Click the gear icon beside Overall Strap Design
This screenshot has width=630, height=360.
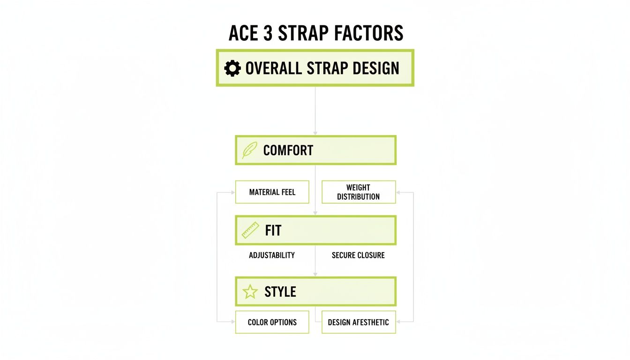(x=232, y=68)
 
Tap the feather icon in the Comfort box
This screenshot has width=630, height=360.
(x=249, y=150)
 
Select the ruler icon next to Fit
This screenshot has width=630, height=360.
(x=250, y=231)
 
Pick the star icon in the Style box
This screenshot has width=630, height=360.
(x=250, y=292)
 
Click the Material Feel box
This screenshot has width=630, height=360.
(x=272, y=192)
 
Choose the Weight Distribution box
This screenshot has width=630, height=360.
(x=359, y=192)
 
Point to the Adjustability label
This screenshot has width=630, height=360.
(x=272, y=255)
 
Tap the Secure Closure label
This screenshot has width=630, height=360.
(x=358, y=255)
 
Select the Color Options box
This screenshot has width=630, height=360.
(x=272, y=322)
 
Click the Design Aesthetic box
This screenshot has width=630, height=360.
(x=359, y=322)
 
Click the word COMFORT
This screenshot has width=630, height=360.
(x=288, y=150)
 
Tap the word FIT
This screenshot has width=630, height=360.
(x=273, y=231)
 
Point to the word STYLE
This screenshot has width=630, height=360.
(x=280, y=292)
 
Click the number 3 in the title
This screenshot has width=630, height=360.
(x=268, y=33)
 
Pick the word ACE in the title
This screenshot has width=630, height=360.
(x=242, y=33)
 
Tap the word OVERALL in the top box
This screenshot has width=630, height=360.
(x=274, y=68)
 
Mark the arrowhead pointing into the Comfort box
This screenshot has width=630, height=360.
(x=315, y=133)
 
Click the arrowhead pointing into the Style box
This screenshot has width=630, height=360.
(x=315, y=274)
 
